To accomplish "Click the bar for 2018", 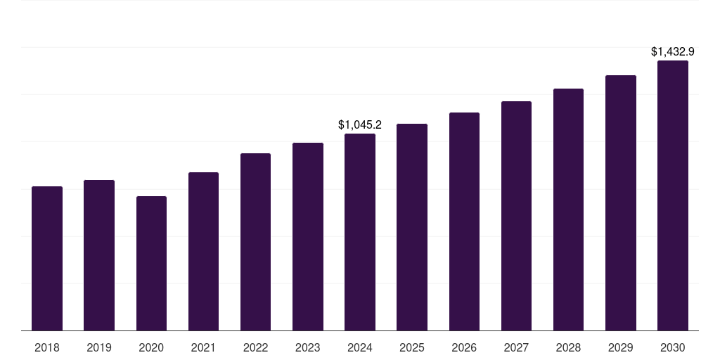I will pos(47,259).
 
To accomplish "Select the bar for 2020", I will pos(151,264).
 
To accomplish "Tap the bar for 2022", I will pos(255,242).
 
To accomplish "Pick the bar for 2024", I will pos(360,232).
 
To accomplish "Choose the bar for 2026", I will pos(464,221).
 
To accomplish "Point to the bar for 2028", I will pos(568,210).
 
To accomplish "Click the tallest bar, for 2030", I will pos(673,195).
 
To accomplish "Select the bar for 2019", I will pos(99,255).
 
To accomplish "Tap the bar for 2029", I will pos(621,203).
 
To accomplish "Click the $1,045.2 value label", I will pos(360,124).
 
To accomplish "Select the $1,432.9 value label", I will pos(673,51).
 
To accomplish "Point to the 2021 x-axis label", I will pos(203,347).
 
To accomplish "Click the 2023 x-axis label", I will pos(308,347).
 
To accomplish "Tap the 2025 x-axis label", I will pos(412,347).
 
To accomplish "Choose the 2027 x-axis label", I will pos(516,347).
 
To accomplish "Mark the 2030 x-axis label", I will pos(673,347).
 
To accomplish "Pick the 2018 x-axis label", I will pos(47,347).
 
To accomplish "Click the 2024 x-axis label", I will pos(360,347).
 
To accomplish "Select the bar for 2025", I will pos(412,227).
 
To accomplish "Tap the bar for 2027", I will pos(516,216).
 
